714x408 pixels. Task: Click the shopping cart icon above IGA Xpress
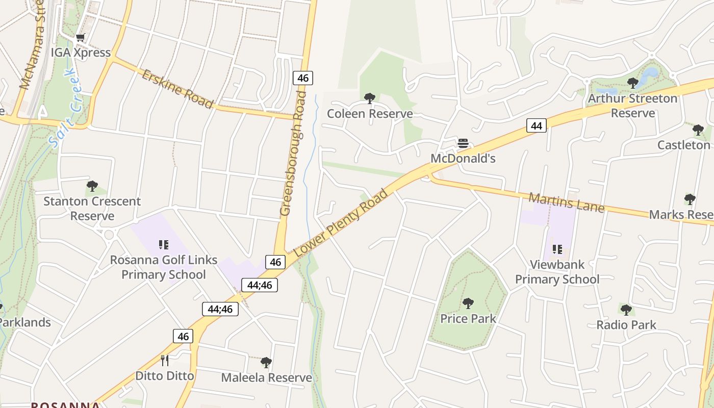point(81,38)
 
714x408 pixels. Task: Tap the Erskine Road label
point(177,89)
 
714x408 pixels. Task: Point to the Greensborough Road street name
point(293,153)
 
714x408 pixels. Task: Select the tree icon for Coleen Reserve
point(370,98)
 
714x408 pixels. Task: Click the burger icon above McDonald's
point(463,143)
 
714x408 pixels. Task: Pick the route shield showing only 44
point(536,125)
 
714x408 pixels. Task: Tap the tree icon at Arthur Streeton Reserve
point(633,83)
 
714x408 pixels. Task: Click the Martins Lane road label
point(566,202)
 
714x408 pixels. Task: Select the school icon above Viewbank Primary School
point(557,249)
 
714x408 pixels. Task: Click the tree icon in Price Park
point(468,303)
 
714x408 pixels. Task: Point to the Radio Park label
point(626,325)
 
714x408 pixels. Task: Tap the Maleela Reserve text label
point(266,377)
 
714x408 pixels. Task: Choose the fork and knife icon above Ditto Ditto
point(165,361)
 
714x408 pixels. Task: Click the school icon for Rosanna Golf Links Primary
point(164,245)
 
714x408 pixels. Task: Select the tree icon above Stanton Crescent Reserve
point(92,186)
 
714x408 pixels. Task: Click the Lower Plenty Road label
point(342,222)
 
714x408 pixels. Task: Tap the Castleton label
point(683,145)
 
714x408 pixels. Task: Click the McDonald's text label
point(463,158)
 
